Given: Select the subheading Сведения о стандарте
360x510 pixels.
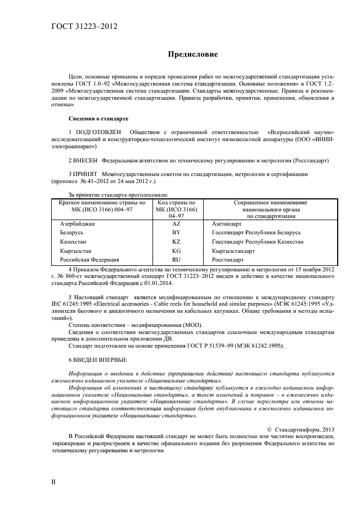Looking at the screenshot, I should pos(98,118).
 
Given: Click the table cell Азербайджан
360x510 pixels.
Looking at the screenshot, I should pos(77,224).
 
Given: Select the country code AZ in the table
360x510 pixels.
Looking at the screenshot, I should pos(176,224).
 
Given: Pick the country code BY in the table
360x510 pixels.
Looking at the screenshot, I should pos(176,233).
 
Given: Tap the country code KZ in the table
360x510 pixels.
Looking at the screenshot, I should pos(176,241).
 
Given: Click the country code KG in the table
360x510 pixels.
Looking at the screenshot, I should pos(176,251).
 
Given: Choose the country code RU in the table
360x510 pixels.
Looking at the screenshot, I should pos(176,260).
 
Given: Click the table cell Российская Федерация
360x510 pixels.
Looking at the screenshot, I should pos(89,260).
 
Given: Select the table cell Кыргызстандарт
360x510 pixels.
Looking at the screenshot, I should pos(233,251).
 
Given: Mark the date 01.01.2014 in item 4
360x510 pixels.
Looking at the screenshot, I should pos(145,283).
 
